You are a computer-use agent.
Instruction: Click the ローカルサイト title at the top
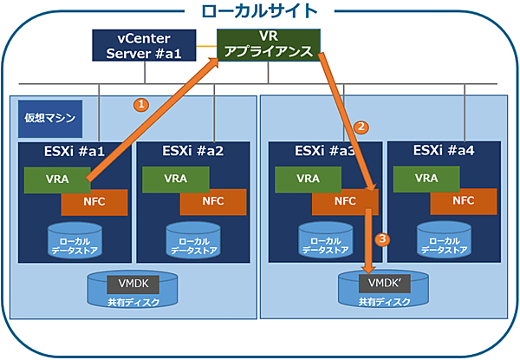point(259,12)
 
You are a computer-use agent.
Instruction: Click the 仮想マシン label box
point(49,117)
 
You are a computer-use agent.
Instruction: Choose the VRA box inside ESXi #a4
point(426,179)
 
